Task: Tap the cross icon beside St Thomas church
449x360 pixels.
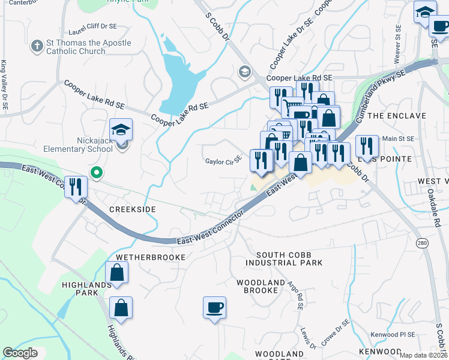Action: tap(37, 45)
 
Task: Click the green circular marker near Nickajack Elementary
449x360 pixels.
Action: tap(95, 173)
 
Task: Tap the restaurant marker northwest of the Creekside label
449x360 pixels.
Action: tap(76, 187)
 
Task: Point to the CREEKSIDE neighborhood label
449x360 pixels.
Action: tap(133, 209)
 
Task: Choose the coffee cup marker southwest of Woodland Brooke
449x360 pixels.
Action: tap(214, 308)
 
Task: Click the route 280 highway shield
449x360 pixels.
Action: tap(421, 243)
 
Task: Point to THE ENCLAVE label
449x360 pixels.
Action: tap(397, 115)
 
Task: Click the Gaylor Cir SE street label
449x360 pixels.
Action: tap(223, 161)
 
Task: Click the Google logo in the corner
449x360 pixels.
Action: tap(20, 353)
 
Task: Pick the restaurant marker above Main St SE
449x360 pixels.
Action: tap(366, 146)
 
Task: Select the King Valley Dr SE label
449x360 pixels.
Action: tap(5, 84)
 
